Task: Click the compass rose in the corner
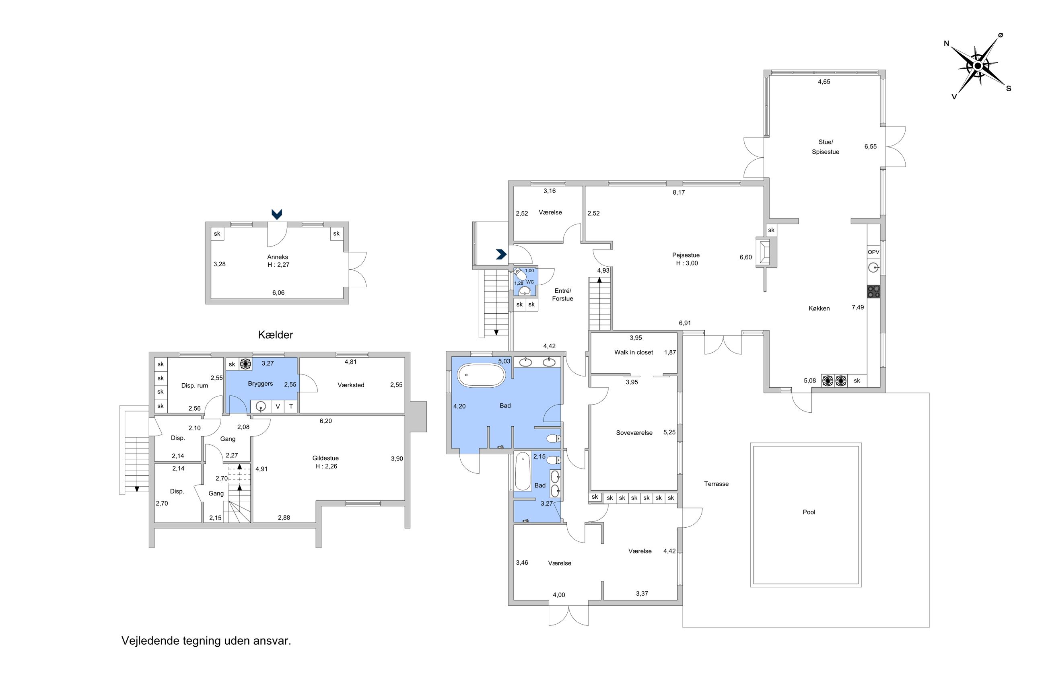[977, 66]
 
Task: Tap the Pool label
[809, 512]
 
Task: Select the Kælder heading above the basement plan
[275, 335]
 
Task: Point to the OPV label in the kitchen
[873, 252]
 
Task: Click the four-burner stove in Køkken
[873, 292]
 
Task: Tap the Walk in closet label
[634, 352]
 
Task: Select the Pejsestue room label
[686, 255]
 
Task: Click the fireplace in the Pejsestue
[766, 252]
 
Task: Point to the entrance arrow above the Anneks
[276, 214]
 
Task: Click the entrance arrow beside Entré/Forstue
[501, 254]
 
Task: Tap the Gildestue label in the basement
[325, 458]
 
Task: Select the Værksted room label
[351, 385]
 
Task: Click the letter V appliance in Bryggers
[278, 406]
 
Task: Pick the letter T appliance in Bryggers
[291, 406]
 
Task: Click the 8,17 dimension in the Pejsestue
[678, 193]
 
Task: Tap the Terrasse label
[716, 483]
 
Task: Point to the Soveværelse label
[634, 432]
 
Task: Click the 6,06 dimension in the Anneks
[278, 292]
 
